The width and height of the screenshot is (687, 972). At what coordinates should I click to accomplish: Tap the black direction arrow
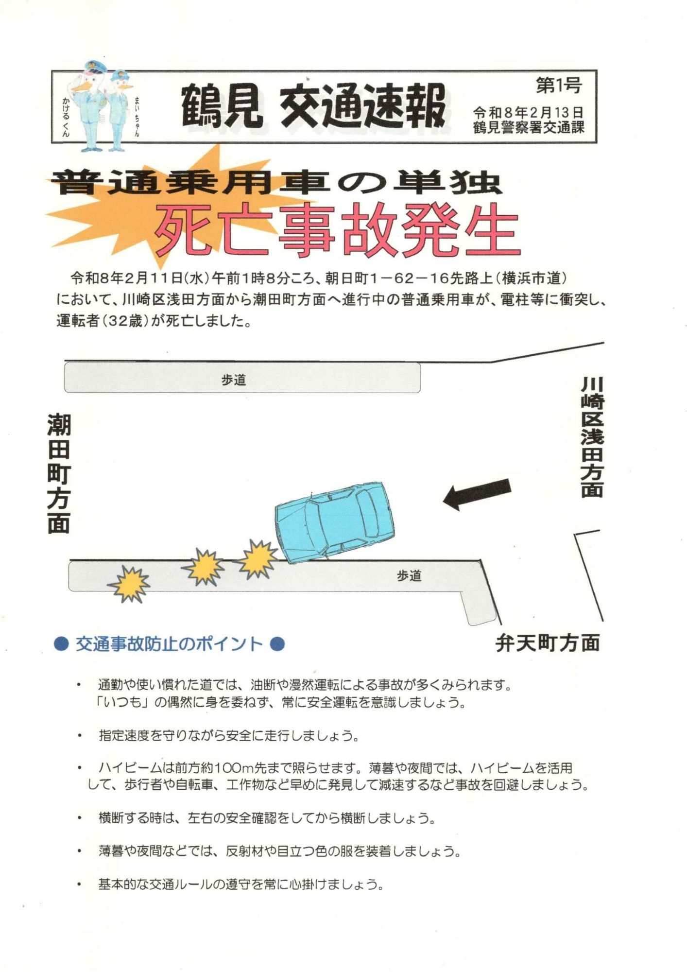(x=477, y=494)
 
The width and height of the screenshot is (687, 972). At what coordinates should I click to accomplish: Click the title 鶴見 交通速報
(x=313, y=106)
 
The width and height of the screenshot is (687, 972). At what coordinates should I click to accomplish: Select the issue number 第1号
(x=559, y=86)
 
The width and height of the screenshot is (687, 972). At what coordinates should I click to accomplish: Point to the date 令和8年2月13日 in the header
(x=528, y=113)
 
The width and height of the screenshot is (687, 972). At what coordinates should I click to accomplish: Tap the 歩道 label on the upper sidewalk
(x=234, y=380)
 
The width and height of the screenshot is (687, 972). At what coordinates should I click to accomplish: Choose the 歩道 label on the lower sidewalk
(x=409, y=576)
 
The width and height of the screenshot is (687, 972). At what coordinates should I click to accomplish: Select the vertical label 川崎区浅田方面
(x=592, y=437)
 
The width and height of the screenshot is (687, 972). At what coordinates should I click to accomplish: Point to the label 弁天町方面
(x=548, y=643)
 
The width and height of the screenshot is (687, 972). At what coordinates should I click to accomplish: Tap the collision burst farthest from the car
(x=129, y=584)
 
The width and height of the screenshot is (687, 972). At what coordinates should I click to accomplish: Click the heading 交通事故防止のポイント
(x=169, y=644)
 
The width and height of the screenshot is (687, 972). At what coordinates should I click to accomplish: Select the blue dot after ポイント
(x=276, y=644)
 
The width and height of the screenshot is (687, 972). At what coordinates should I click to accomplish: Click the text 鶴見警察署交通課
(x=528, y=128)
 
